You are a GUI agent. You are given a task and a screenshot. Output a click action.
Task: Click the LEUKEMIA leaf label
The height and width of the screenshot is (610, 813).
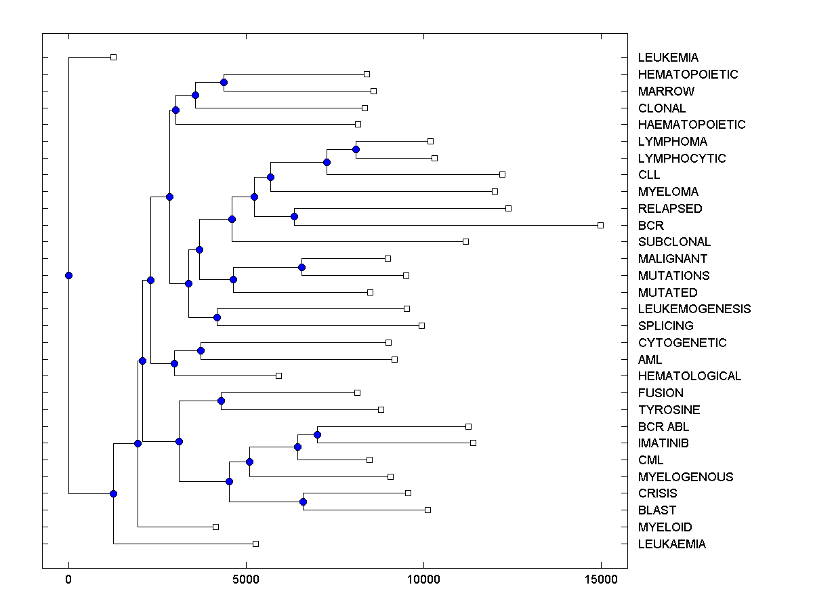coord(668,58)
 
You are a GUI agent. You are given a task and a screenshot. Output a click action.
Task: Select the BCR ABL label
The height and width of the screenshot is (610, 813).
coord(663,427)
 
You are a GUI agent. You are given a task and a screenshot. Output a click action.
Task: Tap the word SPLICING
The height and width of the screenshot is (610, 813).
coord(665,326)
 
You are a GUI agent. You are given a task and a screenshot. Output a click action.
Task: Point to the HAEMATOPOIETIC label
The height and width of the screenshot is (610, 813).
coord(691,125)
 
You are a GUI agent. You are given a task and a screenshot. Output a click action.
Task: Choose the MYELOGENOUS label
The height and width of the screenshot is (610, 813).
coord(685,477)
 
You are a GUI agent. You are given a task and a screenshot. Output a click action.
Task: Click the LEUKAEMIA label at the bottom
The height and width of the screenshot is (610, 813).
coord(671,544)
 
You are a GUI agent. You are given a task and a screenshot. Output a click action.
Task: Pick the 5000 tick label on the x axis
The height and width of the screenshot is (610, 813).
coord(246,579)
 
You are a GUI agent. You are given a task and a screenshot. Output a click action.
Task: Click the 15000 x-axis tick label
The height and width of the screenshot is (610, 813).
coord(601,579)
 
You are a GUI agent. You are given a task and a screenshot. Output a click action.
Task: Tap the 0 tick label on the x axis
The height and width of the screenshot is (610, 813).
coord(68,579)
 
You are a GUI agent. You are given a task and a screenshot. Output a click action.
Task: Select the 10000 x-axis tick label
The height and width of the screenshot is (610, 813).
coord(423,579)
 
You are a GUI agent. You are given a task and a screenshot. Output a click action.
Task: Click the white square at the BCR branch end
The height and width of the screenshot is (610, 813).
coord(600,225)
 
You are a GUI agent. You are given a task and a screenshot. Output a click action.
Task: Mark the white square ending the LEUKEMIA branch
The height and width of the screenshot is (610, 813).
coord(114,57)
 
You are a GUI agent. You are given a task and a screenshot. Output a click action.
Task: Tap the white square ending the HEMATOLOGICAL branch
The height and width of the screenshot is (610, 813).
coord(278,375)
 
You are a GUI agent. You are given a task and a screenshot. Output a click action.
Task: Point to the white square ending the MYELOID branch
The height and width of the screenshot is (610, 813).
coord(215,527)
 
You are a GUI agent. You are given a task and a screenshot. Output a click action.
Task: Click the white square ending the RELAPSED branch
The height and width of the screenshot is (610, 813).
coord(508,208)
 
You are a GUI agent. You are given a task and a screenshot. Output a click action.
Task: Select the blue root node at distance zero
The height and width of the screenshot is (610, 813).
coord(68,275)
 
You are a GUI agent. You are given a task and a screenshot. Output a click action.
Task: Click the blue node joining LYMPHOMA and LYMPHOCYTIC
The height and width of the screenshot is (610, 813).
coord(356,149)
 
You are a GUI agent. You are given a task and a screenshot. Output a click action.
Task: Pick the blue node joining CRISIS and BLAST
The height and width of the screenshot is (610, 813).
coord(303,502)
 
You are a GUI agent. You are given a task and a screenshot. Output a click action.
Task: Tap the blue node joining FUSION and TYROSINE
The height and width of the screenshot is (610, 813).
coord(221,401)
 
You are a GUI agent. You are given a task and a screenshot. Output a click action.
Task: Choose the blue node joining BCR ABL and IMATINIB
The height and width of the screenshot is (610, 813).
coord(317,434)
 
